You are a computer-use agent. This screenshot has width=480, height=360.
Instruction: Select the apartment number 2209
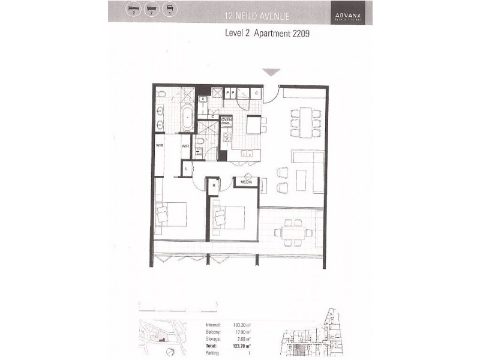tap(298, 34)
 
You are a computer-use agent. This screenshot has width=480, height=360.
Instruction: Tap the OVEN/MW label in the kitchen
tap(226, 121)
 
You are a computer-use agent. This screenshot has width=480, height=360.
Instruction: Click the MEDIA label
tap(247, 181)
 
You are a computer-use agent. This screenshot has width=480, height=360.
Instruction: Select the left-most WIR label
tap(160, 145)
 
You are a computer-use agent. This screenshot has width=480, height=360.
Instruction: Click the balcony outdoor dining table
tap(293, 232)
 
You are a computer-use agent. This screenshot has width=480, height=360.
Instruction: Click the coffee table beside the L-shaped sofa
tap(301, 180)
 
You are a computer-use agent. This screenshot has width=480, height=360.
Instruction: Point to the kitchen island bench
tap(254, 125)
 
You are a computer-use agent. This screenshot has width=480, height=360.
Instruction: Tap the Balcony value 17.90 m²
tap(241, 332)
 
